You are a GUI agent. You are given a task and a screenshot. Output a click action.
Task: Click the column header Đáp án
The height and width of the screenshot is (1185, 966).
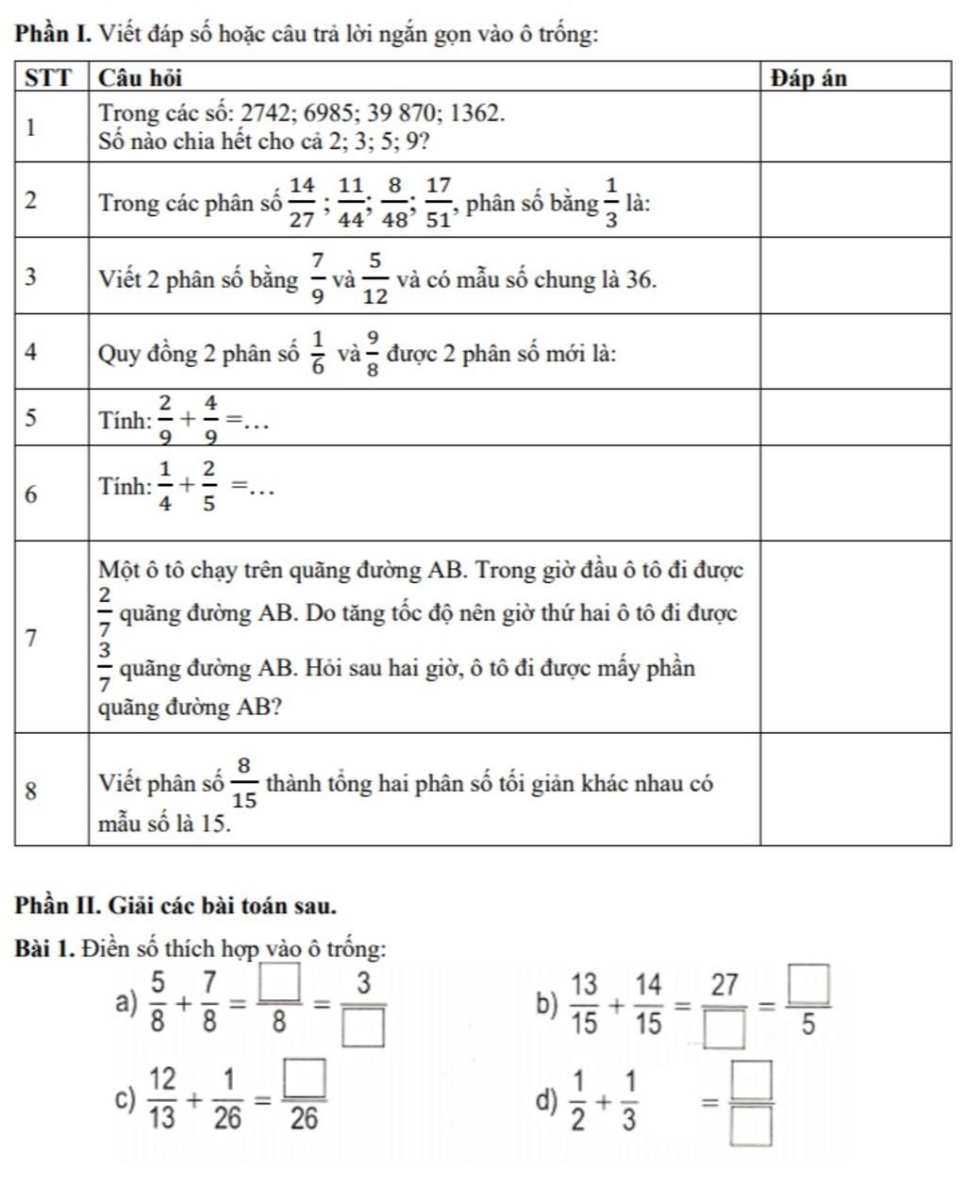point(808,78)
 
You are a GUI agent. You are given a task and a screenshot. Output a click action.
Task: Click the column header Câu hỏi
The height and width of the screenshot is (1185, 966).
point(141,78)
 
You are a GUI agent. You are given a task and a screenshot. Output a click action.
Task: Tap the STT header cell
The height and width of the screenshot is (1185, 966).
point(48,78)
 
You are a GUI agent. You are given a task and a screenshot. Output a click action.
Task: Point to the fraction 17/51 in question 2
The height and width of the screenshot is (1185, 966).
point(439,203)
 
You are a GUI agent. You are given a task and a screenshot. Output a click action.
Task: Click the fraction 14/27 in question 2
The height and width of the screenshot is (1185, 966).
point(302,203)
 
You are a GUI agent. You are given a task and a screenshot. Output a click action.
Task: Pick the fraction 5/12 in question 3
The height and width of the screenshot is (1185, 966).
point(375,279)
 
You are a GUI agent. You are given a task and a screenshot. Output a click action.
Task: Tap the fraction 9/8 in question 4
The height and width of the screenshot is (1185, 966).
point(374,354)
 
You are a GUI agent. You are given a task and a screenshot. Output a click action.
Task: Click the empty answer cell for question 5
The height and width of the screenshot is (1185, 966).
point(855,417)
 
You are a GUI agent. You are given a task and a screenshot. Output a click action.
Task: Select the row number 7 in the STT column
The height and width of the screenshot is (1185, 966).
point(31,638)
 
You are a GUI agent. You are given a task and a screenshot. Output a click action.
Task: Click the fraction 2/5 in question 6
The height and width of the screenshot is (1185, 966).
point(208,487)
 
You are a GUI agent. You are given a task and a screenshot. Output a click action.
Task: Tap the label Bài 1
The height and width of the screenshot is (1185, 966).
point(44,947)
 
